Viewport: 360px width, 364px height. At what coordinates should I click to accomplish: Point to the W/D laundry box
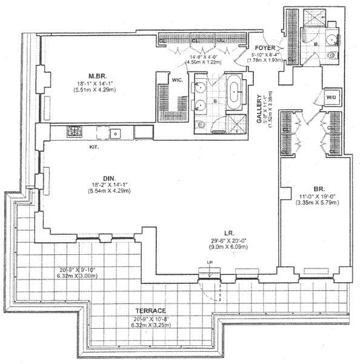(332, 97)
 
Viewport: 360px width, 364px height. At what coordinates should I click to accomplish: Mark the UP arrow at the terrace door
(207, 275)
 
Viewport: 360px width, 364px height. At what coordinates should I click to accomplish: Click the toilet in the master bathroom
(201, 126)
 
